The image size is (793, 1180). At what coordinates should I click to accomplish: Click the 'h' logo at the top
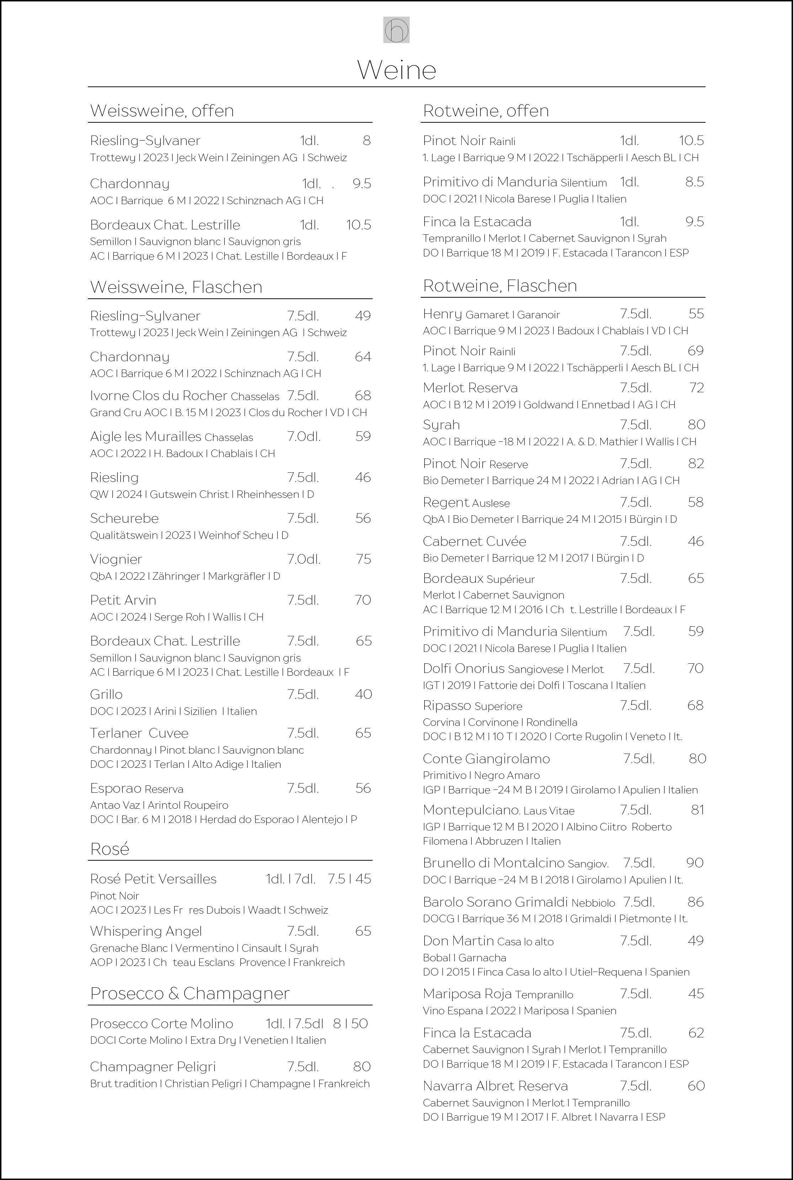pos(396,30)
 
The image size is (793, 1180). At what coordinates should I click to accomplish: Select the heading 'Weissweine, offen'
pos(162,111)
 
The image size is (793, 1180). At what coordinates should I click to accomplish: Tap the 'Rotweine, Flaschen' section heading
pos(500,286)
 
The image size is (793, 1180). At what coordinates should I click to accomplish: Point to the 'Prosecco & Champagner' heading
pos(190,993)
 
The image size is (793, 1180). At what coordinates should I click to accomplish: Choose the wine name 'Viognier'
pos(116,559)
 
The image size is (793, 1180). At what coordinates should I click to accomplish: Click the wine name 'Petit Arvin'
pos(123,600)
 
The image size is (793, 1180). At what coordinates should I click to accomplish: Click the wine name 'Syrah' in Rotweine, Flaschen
pos(441,425)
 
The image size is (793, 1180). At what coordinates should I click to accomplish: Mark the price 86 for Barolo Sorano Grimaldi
pos(696,902)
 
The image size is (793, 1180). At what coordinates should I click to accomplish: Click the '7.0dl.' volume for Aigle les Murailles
pos(303,436)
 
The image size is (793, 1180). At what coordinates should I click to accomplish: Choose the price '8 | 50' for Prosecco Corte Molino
pos(351,1024)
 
